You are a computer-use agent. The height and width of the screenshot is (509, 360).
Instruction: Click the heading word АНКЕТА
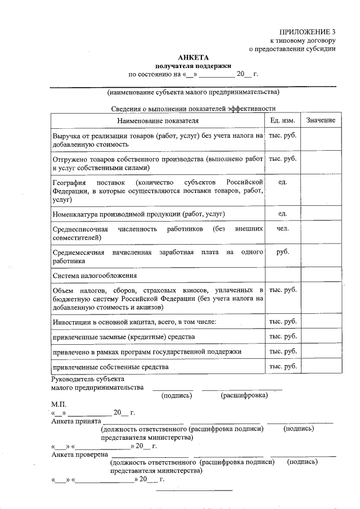point(193,57)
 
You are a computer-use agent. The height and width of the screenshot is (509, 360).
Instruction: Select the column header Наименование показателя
point(157,121)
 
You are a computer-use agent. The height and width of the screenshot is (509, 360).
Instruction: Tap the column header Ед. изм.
point(282,121)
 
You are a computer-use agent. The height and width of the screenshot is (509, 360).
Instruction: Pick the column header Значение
point(321,121)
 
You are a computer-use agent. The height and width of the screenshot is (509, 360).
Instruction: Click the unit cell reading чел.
point(282,229)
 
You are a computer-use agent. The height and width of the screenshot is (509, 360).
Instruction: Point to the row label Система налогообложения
point(95,276)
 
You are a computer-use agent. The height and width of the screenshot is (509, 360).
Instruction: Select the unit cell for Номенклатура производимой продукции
point(282,214)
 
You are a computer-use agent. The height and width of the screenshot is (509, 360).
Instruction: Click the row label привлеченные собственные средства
point(110,367)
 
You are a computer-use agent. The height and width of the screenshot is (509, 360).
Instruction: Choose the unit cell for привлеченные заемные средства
point(282,336)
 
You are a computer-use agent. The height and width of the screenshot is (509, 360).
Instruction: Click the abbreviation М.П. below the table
point(58,404)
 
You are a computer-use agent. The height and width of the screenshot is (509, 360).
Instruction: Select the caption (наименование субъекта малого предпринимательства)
point(193,92)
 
